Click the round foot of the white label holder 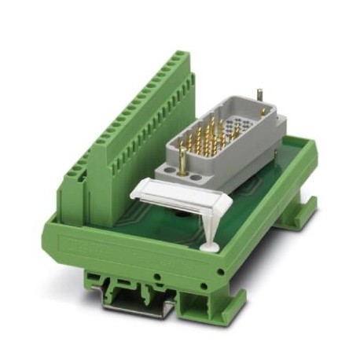point(210,247)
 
